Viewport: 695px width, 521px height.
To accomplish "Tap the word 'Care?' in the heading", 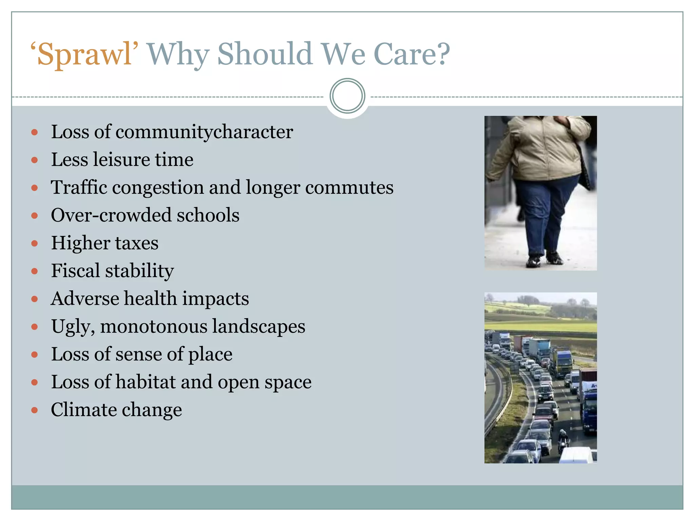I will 411,54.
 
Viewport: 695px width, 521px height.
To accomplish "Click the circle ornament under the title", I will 347,96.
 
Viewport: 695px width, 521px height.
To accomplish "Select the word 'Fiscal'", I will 75,271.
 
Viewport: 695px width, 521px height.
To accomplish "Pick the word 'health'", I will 150,298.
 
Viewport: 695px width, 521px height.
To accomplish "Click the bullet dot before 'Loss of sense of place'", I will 34,355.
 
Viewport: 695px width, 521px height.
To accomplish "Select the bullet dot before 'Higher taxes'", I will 34,244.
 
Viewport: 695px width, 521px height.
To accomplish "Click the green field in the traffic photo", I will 540,326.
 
